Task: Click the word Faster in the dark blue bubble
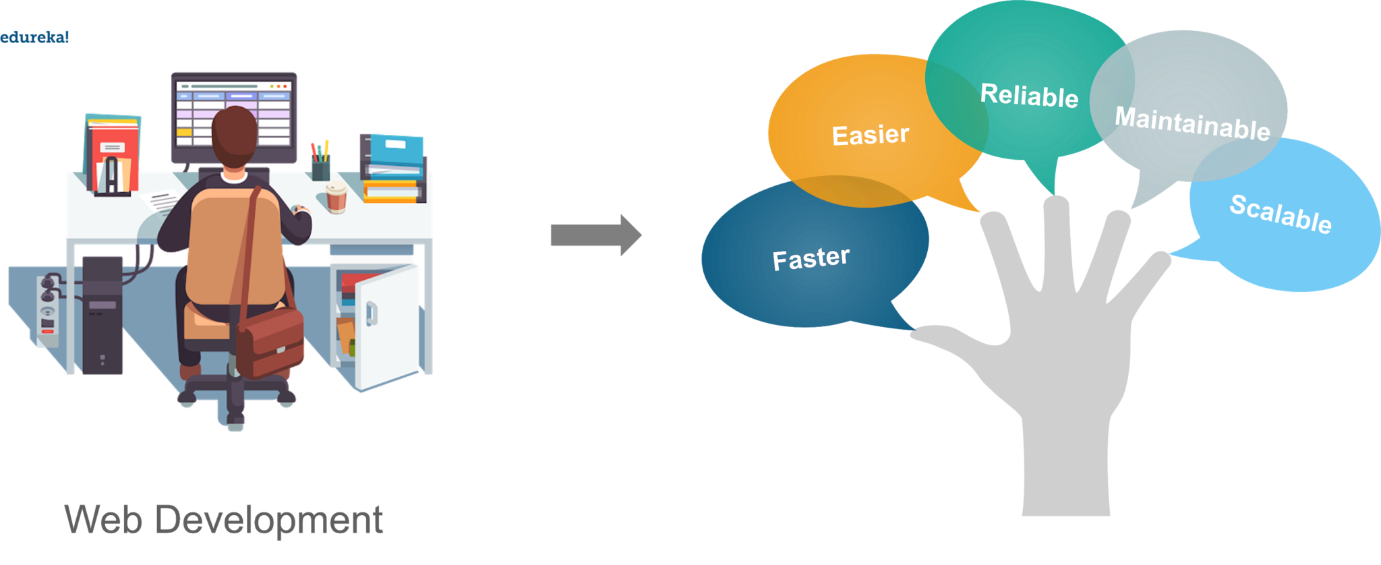(x=811, y=258)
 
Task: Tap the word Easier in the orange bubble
(x=870, y=135)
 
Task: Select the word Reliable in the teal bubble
(x=1029, y=95)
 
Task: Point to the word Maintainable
(x=1192, y=123)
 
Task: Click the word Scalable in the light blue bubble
(x=1280, y=214)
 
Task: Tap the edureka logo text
(x=34, y=37)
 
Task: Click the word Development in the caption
(x=269, y=521)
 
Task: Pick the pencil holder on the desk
(x=320, y=165)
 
